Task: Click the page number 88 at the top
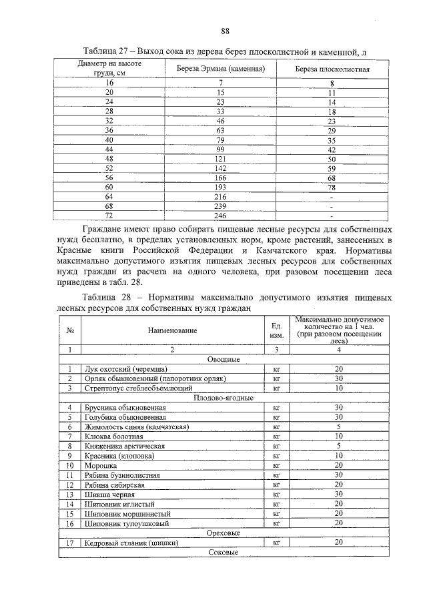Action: (x=225, y=31)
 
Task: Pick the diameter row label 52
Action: (x=109, y=169)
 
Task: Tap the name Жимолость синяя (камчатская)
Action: (x=136, y=426)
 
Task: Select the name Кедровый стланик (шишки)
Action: (x=130, y=543)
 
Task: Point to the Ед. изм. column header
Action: (x=274, y=330)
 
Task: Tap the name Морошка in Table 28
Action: (x=99, y=465)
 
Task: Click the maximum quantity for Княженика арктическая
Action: (x=339, y=445)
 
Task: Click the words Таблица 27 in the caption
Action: (x=107, y=51)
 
